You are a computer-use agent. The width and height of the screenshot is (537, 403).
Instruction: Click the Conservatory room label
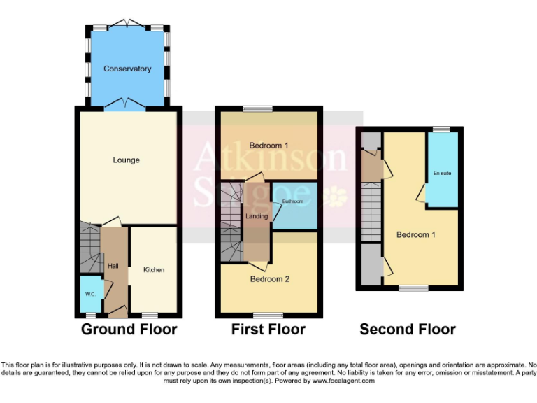(127, 69)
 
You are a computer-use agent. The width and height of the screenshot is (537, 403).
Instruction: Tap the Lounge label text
(127, 160)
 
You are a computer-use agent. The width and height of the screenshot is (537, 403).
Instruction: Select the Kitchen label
(154, 269)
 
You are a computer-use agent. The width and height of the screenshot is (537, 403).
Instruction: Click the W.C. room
(90, 294)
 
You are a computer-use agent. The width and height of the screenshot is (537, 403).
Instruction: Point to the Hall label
(113, 266)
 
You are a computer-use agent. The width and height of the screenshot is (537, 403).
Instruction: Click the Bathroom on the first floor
(293, 202)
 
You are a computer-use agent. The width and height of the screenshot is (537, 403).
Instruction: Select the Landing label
(257, 216)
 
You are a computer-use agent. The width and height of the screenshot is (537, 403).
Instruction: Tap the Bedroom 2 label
(270, 278)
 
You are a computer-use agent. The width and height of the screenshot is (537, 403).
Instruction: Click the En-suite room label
(442, 172)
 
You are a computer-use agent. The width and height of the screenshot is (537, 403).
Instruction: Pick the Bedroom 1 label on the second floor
(415, 234)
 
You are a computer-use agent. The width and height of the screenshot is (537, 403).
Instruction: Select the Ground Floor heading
(129, 329)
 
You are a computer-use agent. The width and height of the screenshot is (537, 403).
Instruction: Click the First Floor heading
(268, 329)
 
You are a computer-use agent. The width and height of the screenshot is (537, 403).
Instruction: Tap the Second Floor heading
(408, 329)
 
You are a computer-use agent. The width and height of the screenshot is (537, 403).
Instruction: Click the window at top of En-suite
(441, 129)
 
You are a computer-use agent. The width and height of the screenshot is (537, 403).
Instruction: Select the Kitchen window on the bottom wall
(150, 315)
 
